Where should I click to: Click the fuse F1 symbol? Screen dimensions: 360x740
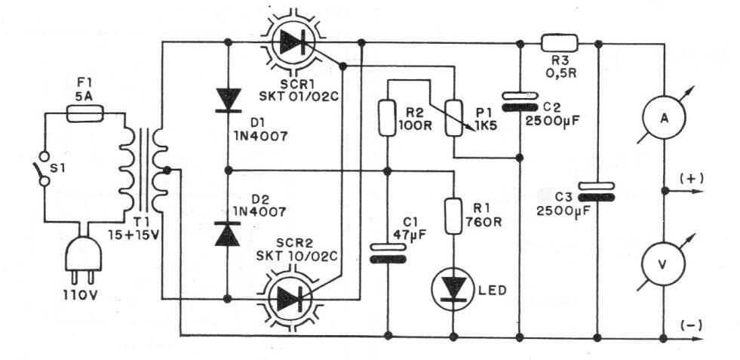pyautogui.click(x=84, y=113)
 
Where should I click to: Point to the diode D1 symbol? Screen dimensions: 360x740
pyautogui.click(x=228, y=100)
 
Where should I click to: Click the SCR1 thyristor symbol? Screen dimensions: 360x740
pyautogui.click(x=293, y=43)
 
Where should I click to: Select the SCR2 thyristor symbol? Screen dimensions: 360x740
pyautogui.click(x=293, y=299)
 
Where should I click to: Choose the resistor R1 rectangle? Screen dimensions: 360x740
pyautogui.click(x=453, y=216)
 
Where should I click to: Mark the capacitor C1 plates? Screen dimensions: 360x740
pyautogui.click(x=387, y=254)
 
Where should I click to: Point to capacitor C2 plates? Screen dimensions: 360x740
pyautogui.click(x=520, y=101)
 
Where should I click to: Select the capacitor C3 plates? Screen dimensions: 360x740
pyautogui.click(x=597, y=192)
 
